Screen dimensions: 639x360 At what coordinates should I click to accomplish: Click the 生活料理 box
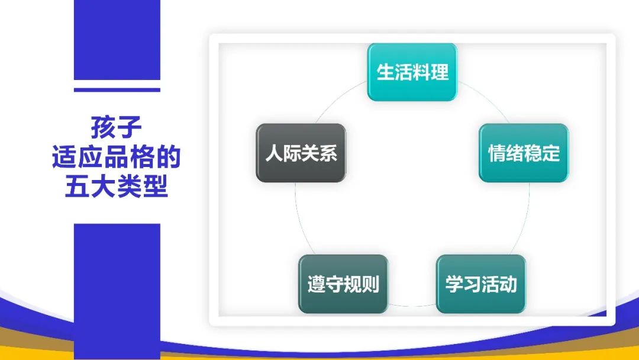click(412, 72)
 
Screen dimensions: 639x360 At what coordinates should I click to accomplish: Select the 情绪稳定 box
click(524, 153)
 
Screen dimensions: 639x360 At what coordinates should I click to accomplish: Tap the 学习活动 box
click(481, 284)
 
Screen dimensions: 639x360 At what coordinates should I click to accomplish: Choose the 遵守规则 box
click(343, 284)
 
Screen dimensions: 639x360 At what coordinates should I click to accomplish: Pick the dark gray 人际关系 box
click(301, 153)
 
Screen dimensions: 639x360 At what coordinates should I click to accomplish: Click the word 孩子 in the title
click(117, 127)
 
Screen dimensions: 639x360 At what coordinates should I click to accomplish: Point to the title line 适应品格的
click(117, 157)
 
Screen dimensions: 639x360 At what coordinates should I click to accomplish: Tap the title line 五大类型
click(117, 187)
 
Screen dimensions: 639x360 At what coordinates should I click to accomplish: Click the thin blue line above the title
click(117, 90)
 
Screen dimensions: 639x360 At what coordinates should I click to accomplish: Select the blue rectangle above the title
click(117, 40)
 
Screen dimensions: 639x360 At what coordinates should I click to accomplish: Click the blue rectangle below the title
click(117, 291)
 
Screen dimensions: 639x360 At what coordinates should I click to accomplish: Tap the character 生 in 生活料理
click(385, 72)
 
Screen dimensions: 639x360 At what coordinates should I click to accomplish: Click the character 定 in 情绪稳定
click(551, 153)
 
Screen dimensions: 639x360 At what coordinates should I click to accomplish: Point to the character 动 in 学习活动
click(508, 284)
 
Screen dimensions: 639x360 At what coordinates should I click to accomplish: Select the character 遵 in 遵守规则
click(317, 284)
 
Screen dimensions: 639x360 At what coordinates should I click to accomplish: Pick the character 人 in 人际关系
click(275, 153)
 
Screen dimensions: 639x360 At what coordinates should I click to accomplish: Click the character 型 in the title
click(155, 187)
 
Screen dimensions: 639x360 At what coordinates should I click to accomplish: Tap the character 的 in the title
click(168, 157)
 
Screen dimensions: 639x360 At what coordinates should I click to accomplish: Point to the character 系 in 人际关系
click(328, 153)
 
